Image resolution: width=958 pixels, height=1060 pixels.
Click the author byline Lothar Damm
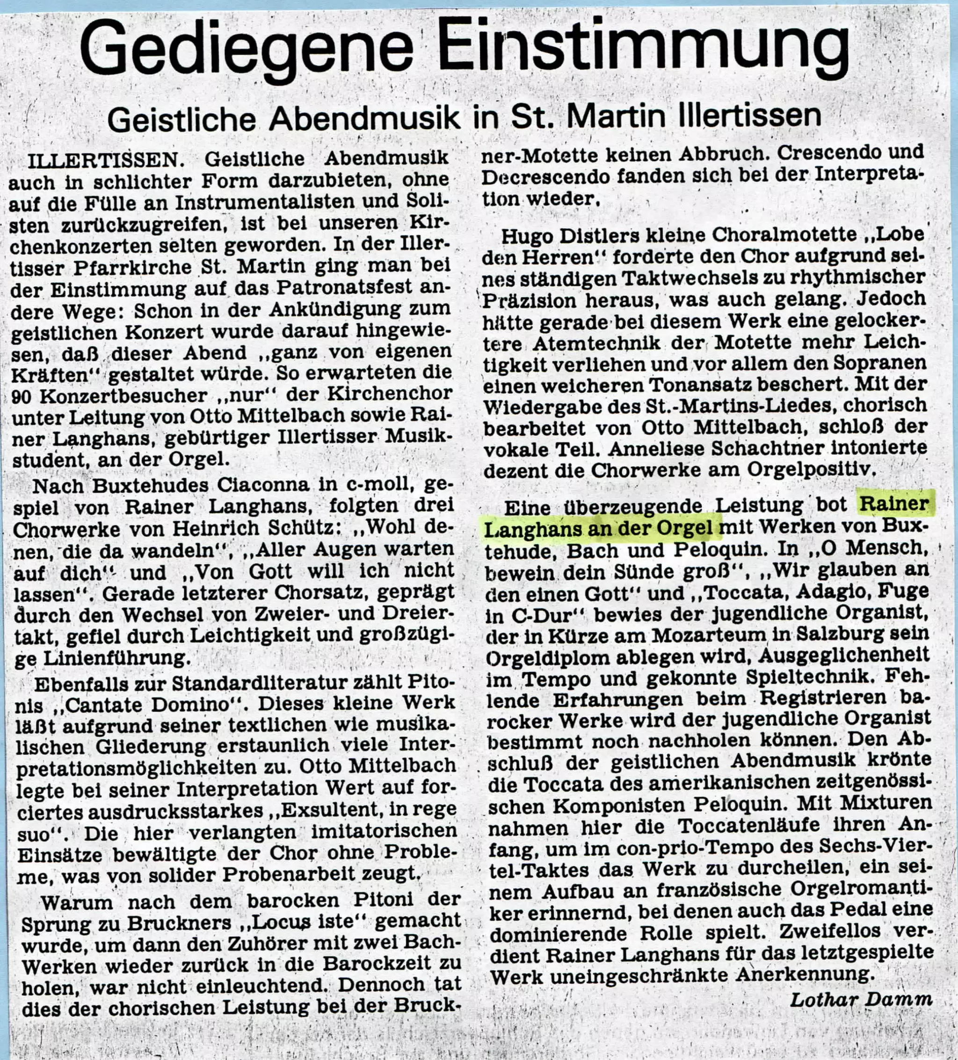point(861,1000)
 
